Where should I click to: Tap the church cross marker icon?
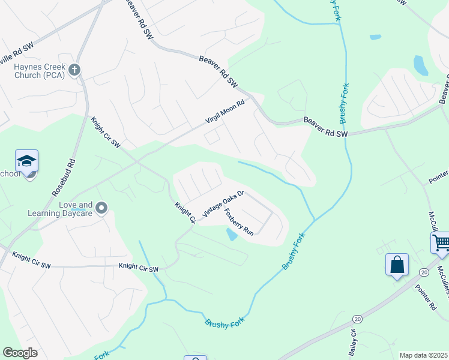pyautogui.click(x=75, y=70)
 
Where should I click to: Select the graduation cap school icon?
pyautogui.click(x=26, y=161)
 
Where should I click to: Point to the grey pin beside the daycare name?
pyautogui.click(x=101, y=208)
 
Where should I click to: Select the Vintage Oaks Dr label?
pyautogui.click(x=224, y=204)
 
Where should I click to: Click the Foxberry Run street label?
pyautogui.click(x=239, y=221)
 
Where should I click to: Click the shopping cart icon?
pyautogui.click(x=441, y=243)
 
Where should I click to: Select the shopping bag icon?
pyautogui.click(x=397, y=264)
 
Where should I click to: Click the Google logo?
pyautogui.click(x=20, y=353)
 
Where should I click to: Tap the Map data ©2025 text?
pyautogui.click(x=423, y=355)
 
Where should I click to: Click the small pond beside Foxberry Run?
pyautogui.click(x=231, y=235)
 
